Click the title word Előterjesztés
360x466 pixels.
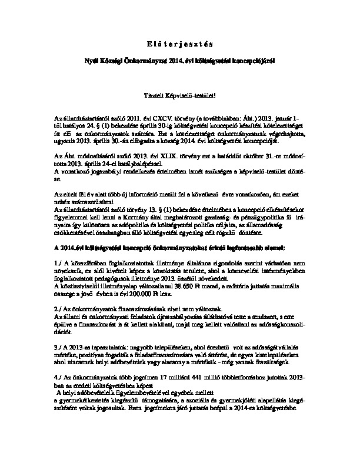[180, 44]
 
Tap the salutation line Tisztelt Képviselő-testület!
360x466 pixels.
[180, 94]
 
